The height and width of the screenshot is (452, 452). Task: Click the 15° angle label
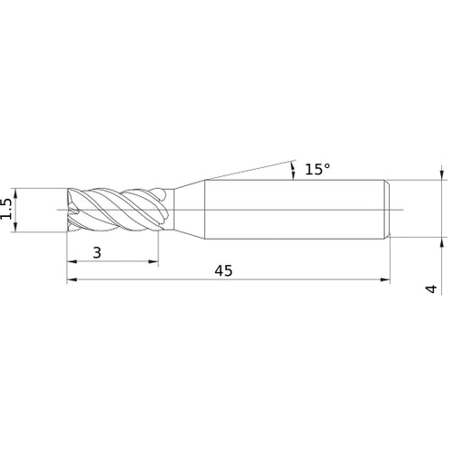[317, 169]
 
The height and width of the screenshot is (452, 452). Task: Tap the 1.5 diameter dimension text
[6, 210]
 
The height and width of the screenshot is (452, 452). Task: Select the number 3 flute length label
[97, 252]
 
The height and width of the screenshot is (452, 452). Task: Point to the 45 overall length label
[223, 271]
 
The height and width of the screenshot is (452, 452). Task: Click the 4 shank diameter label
[431, 288]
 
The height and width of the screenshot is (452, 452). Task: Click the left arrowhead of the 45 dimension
[71, 280]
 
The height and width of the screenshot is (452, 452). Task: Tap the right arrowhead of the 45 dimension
[385, 280]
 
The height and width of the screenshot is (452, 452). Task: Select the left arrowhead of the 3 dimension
[72, 262]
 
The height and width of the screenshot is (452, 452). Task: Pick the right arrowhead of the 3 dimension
[154, 262]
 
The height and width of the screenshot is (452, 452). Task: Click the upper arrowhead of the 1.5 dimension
[16, 193]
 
